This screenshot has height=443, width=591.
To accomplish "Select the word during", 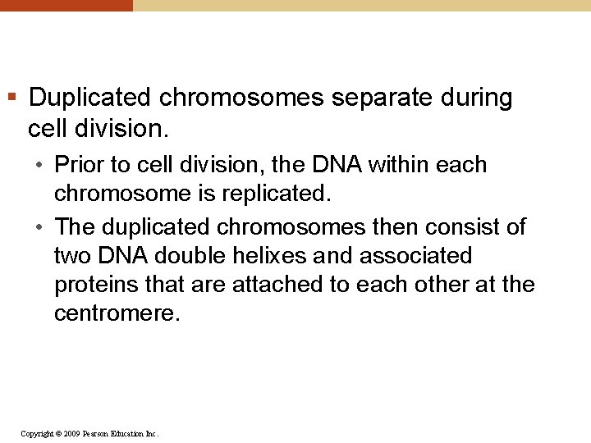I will [x=476, y=98].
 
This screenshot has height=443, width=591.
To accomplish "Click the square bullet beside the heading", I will [x=11, y=98].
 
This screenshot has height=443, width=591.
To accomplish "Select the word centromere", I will [x=115, y=314].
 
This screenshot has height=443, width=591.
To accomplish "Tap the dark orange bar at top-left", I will [x=66, y=5].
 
